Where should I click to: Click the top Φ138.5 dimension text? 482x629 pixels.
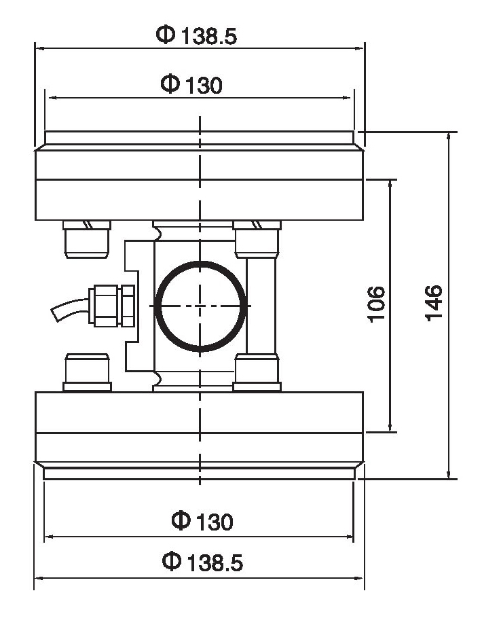pos(198,35)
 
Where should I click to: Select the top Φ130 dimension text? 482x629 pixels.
pos(191,85)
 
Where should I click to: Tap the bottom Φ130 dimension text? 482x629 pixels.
pos(202,521)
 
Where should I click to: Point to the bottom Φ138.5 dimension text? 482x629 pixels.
pos(202,562)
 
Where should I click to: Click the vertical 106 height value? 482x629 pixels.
pos(377,304)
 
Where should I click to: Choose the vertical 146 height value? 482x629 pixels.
pos(434,303)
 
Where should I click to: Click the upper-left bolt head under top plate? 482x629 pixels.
pos(86,238)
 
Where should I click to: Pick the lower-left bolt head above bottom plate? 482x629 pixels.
pos(86,372)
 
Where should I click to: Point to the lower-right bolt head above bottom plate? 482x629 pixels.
pos(257,372)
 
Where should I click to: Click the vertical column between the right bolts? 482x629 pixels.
pos(261,305)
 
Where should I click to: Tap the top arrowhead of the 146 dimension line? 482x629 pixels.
pos(449,136)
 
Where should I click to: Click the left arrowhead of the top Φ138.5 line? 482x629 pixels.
pos(39,49)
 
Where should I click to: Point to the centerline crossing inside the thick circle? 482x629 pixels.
pos(200,306)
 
